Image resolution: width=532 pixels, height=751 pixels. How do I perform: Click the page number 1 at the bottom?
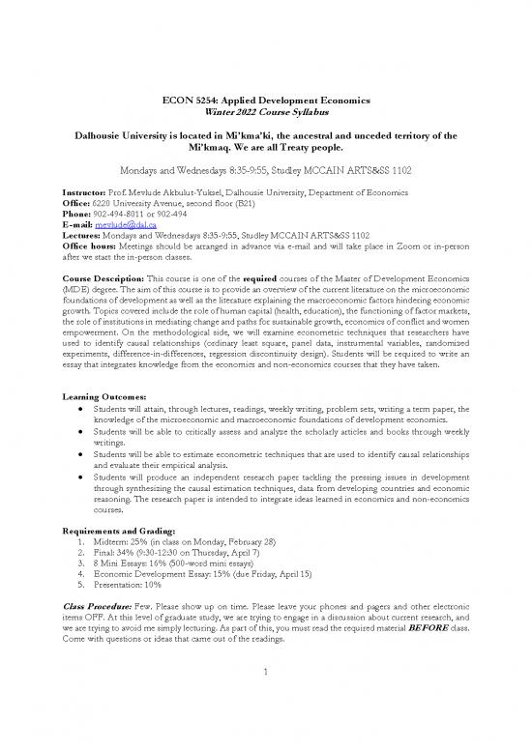tap(265, 714)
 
